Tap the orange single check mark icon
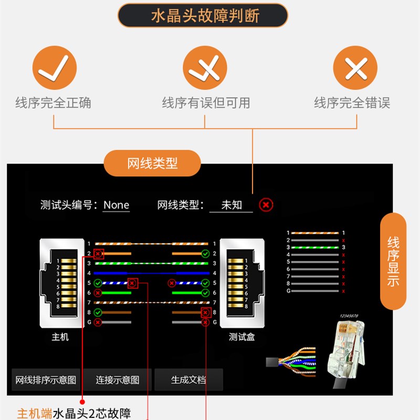pyautogui.click(x=55, y=68)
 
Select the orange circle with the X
pyautogui.click(x=355, y=68)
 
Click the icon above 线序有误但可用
pyautogui.click(x=205, y=68)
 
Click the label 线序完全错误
pyautogui.click(x=352, y=103)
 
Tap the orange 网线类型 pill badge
pyautogui.click(x=152, y=163)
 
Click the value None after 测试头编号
pyautogui.click(x=116, y=205)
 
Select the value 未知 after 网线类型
pyautogui.click(x=231, y=205)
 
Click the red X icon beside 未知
pyautogui.click(x=266, y=205)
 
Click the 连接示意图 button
pyautogui.click(x=118, y=380)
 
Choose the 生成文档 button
pyautogui.click(x=188, y=380)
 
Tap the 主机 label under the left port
pyautogui.click(x=60, y=337)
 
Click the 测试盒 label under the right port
pyautogui.click(x=242, y=337)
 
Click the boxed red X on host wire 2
pyautogui.click(x=98, y=254)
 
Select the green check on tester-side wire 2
pyautogui.click(x=205, y=254)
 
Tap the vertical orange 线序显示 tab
pyautogui.click(x=393, y=261)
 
